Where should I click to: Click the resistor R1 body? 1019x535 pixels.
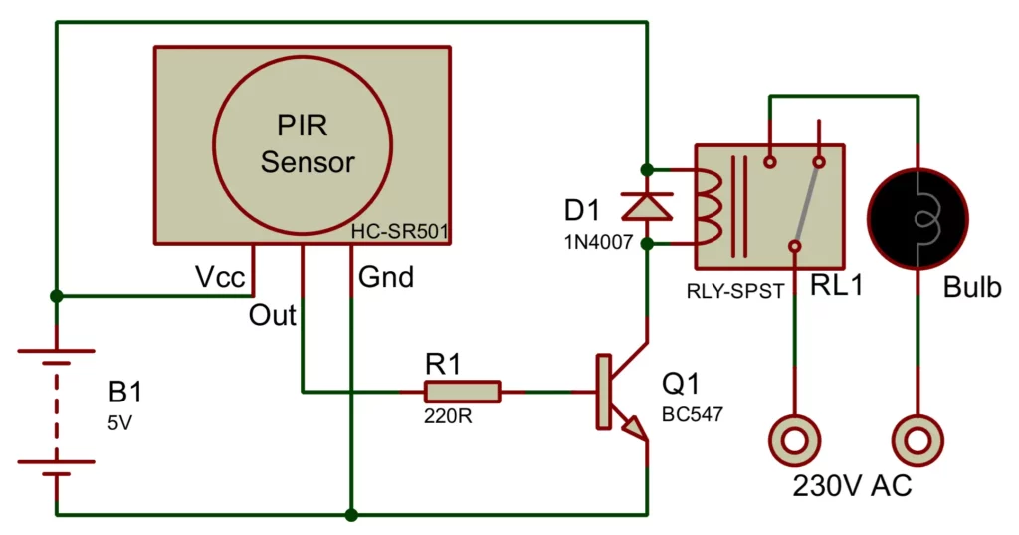point(462,392)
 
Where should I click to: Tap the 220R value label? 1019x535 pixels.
point(449,417)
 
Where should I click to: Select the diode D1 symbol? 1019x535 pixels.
point(647,205)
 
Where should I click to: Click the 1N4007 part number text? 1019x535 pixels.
point(599,241)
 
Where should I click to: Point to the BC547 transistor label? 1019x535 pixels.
point(690,411)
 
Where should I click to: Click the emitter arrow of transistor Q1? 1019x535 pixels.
point(632,427)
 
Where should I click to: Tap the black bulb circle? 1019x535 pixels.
point(917,218)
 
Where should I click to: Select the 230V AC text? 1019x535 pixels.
point(852,486)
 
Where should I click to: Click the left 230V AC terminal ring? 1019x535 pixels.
point(794,438)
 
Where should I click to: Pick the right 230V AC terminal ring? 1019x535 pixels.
point(917,438)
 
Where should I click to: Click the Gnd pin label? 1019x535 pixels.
point(385,277)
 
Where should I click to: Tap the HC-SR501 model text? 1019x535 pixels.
point(400,232)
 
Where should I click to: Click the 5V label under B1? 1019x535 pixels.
point(118,422)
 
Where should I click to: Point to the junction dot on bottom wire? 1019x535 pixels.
point(351,515)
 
